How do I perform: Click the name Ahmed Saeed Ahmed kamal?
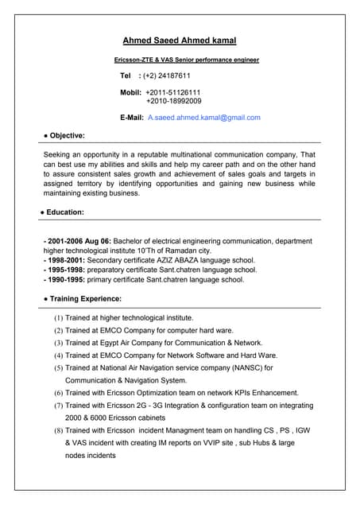pyautogui.click(x=180, y=40)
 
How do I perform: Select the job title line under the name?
pyautogui.click(x=187, y=60)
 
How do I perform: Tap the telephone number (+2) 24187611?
pyautogui.click(x=167, y=76)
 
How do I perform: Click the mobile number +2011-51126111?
pyautogui.click(x=173, y=92)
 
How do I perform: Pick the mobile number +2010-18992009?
pyautogui.click(x=173, y=102)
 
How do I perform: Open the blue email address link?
pyautogui.click(x=204, y=118)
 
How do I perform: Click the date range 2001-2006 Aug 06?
pyautogui.click(x=78, y=240)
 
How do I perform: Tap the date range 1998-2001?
pyautogui.click(x=65, y=260)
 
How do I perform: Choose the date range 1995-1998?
pyautogui.click(x=65, y=270)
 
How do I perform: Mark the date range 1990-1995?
pyautogui.click(x=65, y=280)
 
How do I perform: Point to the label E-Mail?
pyautogui.click(x=131, y=118)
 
